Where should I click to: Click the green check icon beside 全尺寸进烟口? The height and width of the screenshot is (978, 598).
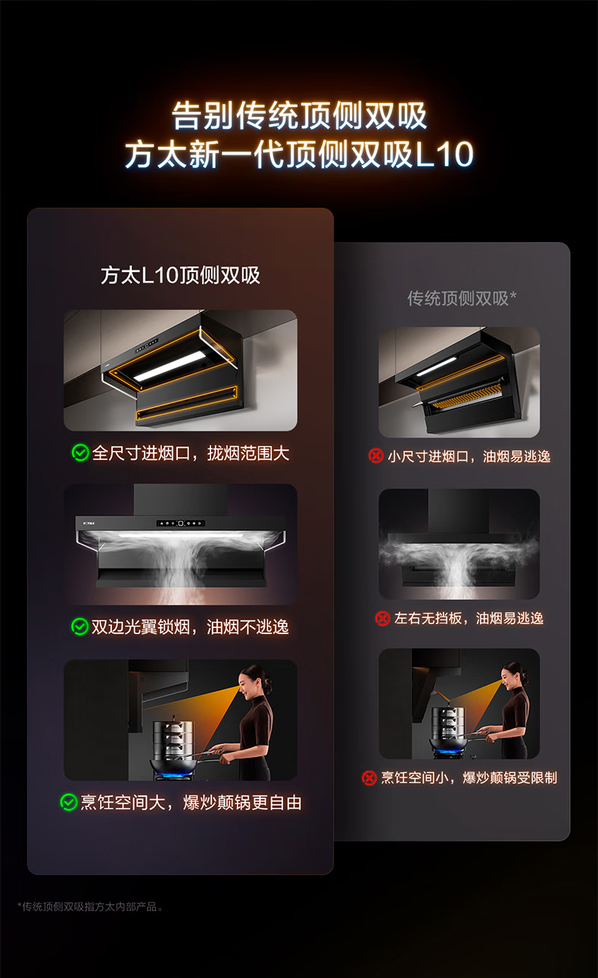click(x=80, y=453)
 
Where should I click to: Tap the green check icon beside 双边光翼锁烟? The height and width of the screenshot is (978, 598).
click(x=79, y=626)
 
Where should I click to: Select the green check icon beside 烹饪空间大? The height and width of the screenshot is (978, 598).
click(x=68, y=802)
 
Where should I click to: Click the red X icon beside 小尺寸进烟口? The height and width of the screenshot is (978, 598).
click(x=375, y=456)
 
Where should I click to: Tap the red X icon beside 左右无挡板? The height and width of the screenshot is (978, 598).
click(x=382, y=618)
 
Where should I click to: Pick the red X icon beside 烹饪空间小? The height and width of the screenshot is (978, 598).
click(x=369, y=777)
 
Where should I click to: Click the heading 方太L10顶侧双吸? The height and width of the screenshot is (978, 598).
click(x=180, y=276)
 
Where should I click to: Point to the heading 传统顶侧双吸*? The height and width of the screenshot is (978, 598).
click(x=462, y=298)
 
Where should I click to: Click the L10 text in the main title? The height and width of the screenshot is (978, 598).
click(x=444, y=154)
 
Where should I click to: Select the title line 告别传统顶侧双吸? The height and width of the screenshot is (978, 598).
click(x=299, y=115)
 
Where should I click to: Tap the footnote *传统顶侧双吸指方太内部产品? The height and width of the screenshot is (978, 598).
click(x=90, y=907)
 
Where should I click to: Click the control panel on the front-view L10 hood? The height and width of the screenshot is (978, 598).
click(x=180, y=523)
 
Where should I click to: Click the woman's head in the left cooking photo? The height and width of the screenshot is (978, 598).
click(x=254, y=682)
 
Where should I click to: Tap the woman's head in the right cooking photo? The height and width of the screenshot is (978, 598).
click(x=513, y=674)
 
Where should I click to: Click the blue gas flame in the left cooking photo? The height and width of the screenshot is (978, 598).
click(x=174, y=776)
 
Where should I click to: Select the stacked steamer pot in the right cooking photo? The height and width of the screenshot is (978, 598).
click(x=445, y=721)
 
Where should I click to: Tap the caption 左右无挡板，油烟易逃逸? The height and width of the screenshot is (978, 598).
click(x=469, y=618)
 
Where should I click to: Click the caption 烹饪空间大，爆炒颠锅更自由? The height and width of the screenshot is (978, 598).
click(x=191, y=802)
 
